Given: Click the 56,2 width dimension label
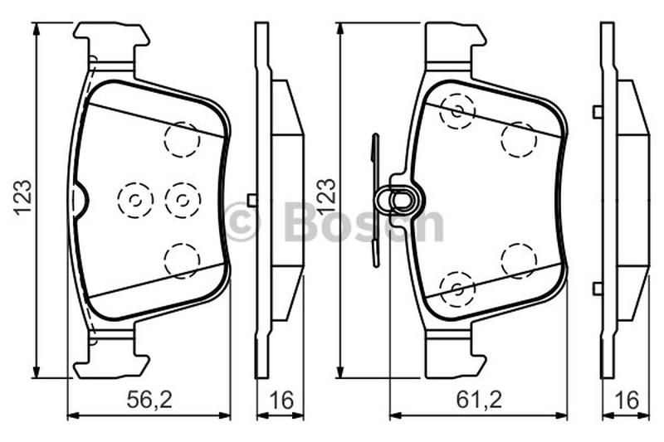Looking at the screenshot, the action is pyautogui.click(x=149, y=400).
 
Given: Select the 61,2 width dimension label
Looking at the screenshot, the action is pyautogui.click(x=479, y=400).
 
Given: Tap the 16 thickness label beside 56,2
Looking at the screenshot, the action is pyautogui.click(x=281, y=401).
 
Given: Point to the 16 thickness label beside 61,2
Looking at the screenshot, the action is pyautogui.click(x=627, y=401).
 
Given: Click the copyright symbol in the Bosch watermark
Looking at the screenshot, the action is pyautogui.click(x=241, y=221).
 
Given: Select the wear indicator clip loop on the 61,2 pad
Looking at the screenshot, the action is pyautogui.click(x=400, y=199).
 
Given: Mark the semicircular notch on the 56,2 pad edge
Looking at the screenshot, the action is pyautogui.click(x=81, y=201).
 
